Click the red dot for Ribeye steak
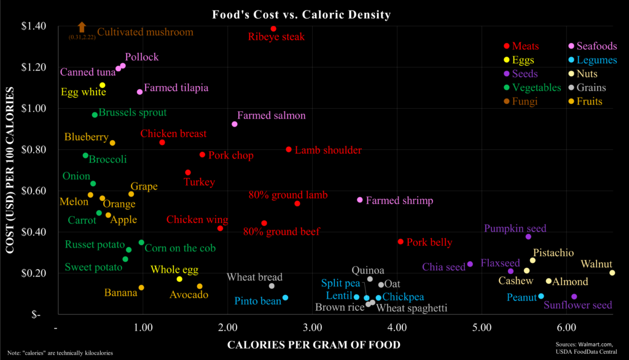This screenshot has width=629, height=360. click(x=273, y=29)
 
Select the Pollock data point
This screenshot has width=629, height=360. click(x=123, y=66)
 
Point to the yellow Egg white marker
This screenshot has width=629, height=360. click(x=103, y=85)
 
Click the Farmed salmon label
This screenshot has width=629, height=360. click(x=271, y=115)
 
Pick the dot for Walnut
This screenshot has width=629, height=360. click(x=612, y=273)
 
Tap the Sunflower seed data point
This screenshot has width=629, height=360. click(x=574, y=297)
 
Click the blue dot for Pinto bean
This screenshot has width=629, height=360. click(x=285, y=298)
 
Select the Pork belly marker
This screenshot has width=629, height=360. click(x=400, y=241)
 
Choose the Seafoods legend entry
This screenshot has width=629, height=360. click(x=592, y=47)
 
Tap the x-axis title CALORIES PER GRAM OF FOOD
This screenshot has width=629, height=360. click(x=314, y=345)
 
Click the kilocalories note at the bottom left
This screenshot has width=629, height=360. click(x=59, y=353)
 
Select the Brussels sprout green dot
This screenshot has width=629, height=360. click(x=95, y=115)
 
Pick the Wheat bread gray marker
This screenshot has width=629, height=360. click(x=272, y=286)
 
